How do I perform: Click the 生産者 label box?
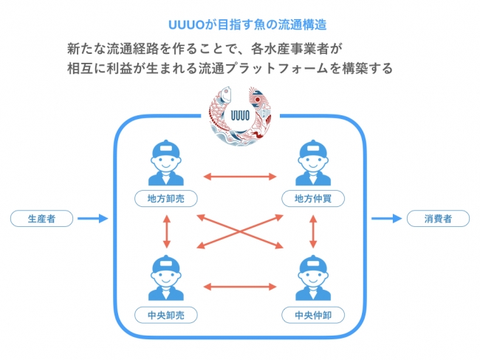(x=42, y=219)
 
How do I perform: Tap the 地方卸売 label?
(x=166, y=198)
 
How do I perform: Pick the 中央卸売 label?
(x=166, y=315)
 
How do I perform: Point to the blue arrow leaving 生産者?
(x=93, y=219)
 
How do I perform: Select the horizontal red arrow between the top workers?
(x=240, y=176)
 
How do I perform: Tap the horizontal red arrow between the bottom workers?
(x=240, y=285)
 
